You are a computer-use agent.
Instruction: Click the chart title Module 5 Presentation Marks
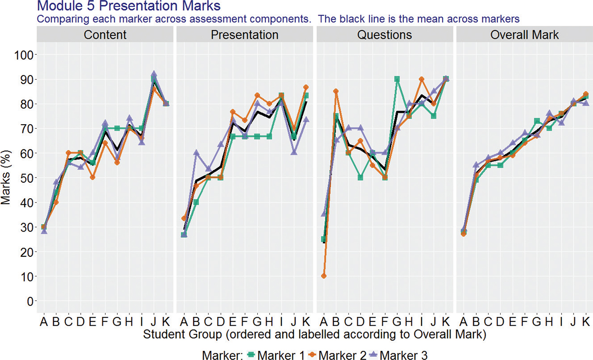point(128,6)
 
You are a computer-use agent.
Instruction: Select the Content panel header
point(105,35)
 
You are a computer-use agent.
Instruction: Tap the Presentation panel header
point(245,35)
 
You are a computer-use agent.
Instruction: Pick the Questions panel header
point(384,35)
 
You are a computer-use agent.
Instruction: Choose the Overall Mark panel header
point(524,35)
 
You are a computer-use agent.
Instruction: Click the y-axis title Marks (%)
point(6,178)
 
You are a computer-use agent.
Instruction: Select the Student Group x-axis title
point(314,334)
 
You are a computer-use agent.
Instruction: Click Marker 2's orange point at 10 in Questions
point(324,276)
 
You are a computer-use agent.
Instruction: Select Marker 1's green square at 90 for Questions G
point(397,79)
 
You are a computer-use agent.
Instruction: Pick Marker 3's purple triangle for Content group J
point(154,74)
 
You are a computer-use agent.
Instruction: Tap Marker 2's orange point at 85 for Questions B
point(336,91)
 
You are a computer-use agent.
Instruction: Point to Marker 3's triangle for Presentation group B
point(196,153)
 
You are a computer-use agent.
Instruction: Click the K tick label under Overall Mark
point(585,322)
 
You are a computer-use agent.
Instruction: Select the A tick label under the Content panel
point(43,322)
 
